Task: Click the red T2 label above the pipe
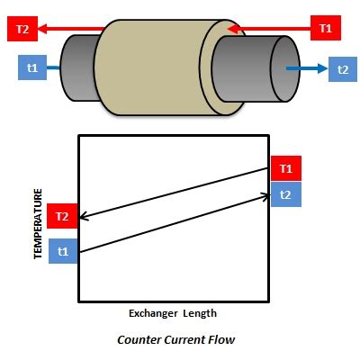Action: click(x=23, y=29)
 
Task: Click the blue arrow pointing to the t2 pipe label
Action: click(x=306, y=68)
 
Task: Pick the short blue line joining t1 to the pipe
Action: click(x=53, y=67)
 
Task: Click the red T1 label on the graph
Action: click(x=284, y=168)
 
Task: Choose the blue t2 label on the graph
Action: click(x=284, y=193)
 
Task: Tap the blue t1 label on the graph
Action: click(x=63, y=252)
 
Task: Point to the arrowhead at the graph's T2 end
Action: click(x=84, y=217)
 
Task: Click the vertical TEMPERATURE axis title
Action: click(x=38, y=224)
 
